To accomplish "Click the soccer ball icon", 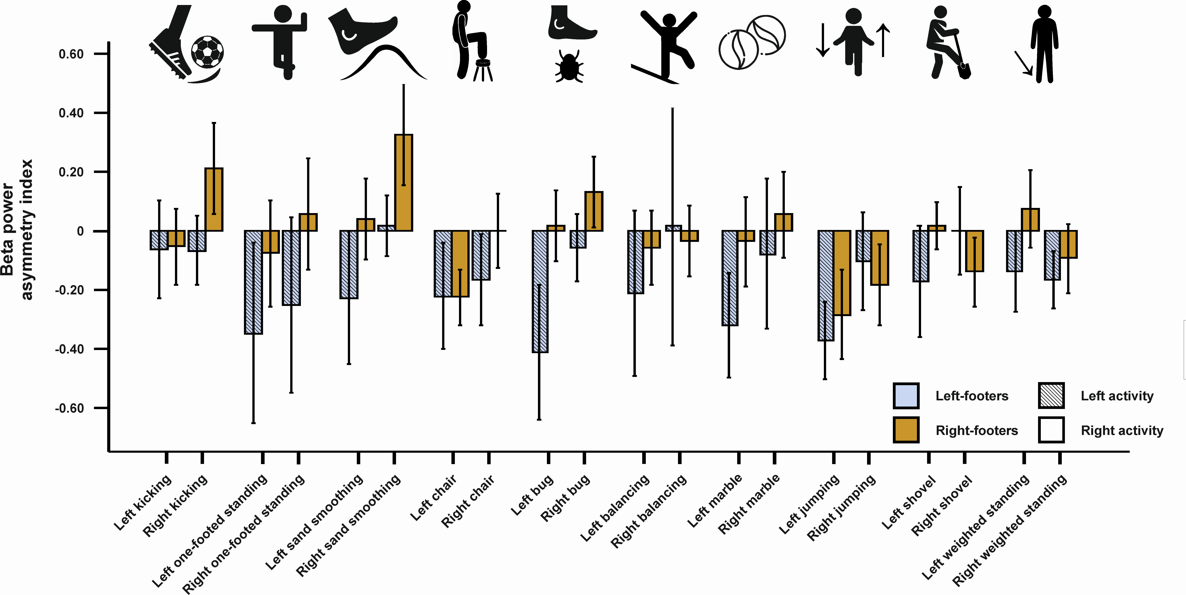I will coord(207,52).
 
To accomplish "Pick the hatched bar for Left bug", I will coord(540,291).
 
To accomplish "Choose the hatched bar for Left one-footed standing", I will coord(254,282).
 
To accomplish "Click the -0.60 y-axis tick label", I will coord(69,408).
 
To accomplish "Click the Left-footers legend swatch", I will coord(906,396).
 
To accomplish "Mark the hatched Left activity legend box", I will coord(1051,396).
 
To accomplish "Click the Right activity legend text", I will coord(1121,430).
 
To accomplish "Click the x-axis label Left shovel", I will coord(908,502).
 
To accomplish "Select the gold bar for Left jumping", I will coord(842,273).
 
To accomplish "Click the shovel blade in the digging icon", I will coord(965,70).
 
